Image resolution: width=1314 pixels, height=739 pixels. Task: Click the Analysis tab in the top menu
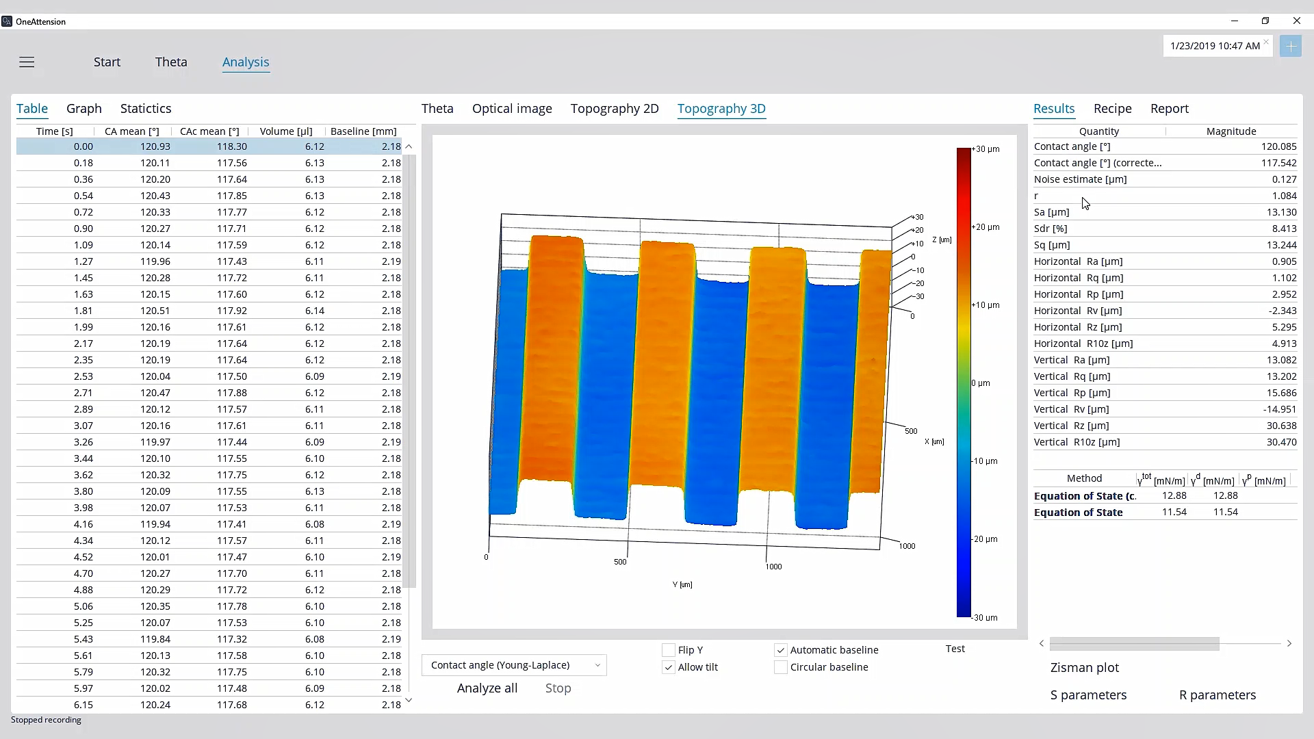tap(246, 62)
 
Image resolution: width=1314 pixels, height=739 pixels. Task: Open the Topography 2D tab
tap(615, 109)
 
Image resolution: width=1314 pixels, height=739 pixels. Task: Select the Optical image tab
tap(512, 109)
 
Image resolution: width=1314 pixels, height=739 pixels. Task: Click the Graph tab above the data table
tap(84, 109)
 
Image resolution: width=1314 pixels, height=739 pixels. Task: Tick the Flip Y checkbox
tap(669, 650)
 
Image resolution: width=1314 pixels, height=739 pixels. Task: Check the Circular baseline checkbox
tap(781, 667)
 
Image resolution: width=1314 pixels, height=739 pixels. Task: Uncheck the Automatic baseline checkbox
tap(781, 650)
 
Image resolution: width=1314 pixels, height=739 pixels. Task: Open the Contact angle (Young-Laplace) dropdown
tap(514, 665)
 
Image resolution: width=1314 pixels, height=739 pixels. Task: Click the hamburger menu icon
tap(27, 62)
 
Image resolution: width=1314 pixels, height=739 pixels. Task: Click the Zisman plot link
tap(1085, 668)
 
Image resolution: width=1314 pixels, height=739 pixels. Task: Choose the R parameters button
tap(1218, 695)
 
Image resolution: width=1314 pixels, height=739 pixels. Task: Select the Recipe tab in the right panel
tap(1113, 109)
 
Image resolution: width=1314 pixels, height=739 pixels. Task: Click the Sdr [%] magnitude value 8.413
tap(1281, 229)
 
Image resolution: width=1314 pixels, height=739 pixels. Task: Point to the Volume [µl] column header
tap(286, 131)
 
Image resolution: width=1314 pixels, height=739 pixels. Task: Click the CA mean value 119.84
tap(155, 639)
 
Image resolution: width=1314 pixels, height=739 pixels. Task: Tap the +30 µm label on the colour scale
tap(985, 149)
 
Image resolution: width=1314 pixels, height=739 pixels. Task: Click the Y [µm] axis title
tap(682, 585)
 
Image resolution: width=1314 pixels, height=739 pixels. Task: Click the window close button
tap(1296, 21)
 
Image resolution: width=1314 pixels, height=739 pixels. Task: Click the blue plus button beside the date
tap(1290, 47)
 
